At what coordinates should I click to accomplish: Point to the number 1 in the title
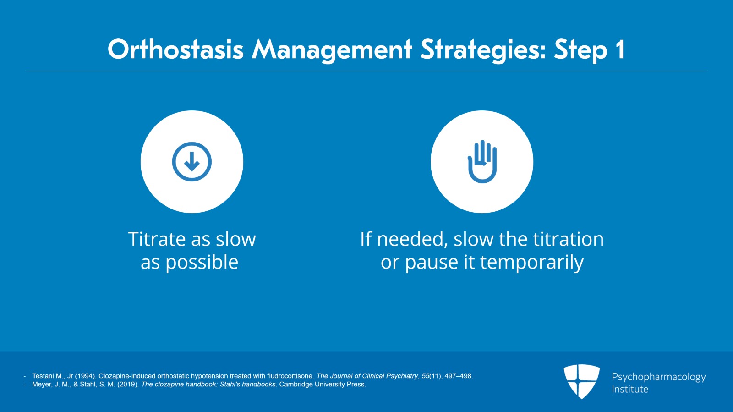(619, 49)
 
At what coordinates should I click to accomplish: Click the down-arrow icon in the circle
(192, 162)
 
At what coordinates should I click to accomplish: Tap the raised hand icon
(482, 161)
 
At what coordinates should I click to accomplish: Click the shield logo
(581, 381)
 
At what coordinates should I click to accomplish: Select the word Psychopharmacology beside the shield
(659, 377)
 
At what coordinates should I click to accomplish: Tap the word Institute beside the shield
(630, 389)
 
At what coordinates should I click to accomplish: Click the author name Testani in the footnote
(44, 376)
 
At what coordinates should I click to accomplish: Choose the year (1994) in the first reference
(86, 376)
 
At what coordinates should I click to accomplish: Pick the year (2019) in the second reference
(128, 384)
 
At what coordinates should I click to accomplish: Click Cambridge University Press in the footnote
(323, 384)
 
